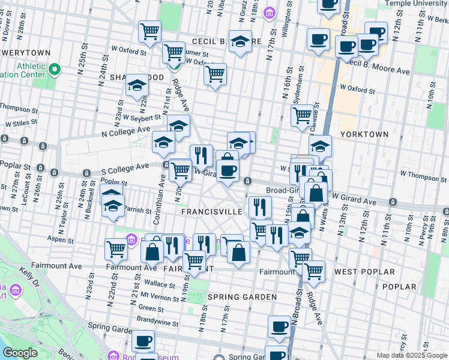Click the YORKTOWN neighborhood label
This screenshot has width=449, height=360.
[x=364, y=134]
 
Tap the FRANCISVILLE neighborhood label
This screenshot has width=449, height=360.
[x=211, y=212]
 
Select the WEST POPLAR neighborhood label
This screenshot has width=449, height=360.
[x=364, y=272]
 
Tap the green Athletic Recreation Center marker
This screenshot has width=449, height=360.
[x=55, y=70]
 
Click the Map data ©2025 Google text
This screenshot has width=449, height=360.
[x=411, y=355]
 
